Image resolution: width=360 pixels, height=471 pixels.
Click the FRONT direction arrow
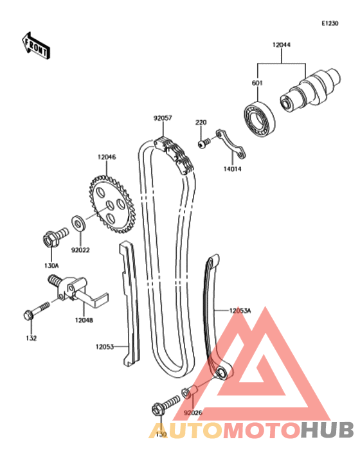coord(35,45)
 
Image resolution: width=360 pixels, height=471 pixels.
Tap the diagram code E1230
coord(330,23)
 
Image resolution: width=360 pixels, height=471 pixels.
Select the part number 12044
coord(282,45)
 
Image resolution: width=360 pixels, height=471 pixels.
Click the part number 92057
coord(163,118)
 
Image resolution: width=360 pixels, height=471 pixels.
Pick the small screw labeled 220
coord(204,143)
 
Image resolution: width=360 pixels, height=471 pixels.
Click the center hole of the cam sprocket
coord(110,206)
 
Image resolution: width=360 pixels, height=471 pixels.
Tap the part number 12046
coord(107,157)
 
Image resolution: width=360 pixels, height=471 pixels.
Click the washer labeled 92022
coord(78,223)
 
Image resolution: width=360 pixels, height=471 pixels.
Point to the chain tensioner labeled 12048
coord(77,292)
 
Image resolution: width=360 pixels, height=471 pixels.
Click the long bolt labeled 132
coord(36,310)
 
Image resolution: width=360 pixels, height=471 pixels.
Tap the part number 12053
coord(105,347)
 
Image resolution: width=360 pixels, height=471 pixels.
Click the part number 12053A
coord(240,310)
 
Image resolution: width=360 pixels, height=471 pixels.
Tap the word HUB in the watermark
coord(327,429)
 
